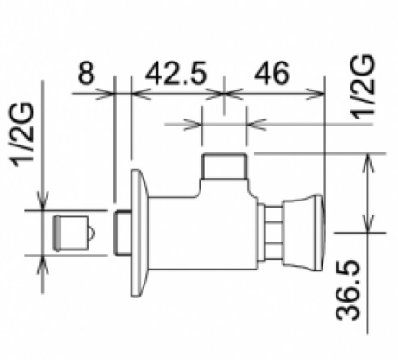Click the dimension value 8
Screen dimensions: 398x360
pos(86,74)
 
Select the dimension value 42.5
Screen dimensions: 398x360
pos(176,74)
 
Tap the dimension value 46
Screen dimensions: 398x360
pos(272,74)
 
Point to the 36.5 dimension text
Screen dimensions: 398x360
pos(348,291)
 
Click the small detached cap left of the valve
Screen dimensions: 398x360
pos(74,232)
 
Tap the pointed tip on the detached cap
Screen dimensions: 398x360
pos(94,233)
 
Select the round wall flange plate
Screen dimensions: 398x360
pos(140,232)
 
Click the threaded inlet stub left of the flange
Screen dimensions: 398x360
pos(122,233)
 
